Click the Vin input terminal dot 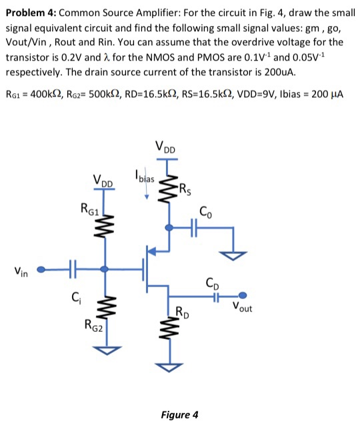tap(41, 270)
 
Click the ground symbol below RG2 tap(104, 350)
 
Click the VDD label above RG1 tap(104, 181)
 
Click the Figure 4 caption tap(179, 415)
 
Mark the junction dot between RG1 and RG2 tap(104, 270)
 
